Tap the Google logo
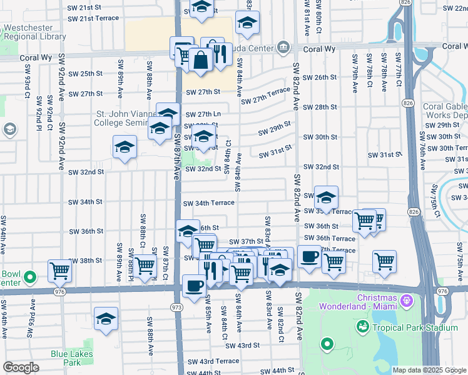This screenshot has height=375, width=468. coord(21,367)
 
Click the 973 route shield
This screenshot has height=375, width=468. coord(176,307)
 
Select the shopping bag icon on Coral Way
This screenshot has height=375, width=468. coord(201,61)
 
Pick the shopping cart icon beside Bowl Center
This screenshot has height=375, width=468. coord(59,271)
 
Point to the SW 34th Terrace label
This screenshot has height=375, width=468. coord(209,203)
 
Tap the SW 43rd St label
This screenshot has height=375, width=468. coord(242,346)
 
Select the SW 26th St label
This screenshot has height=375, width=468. coord(320,77)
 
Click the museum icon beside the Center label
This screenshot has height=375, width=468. coord(283,47)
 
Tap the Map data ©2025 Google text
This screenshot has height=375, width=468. coord(429,370)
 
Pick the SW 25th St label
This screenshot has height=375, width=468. coord(85,74)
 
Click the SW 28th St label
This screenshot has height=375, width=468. coord(320,107)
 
